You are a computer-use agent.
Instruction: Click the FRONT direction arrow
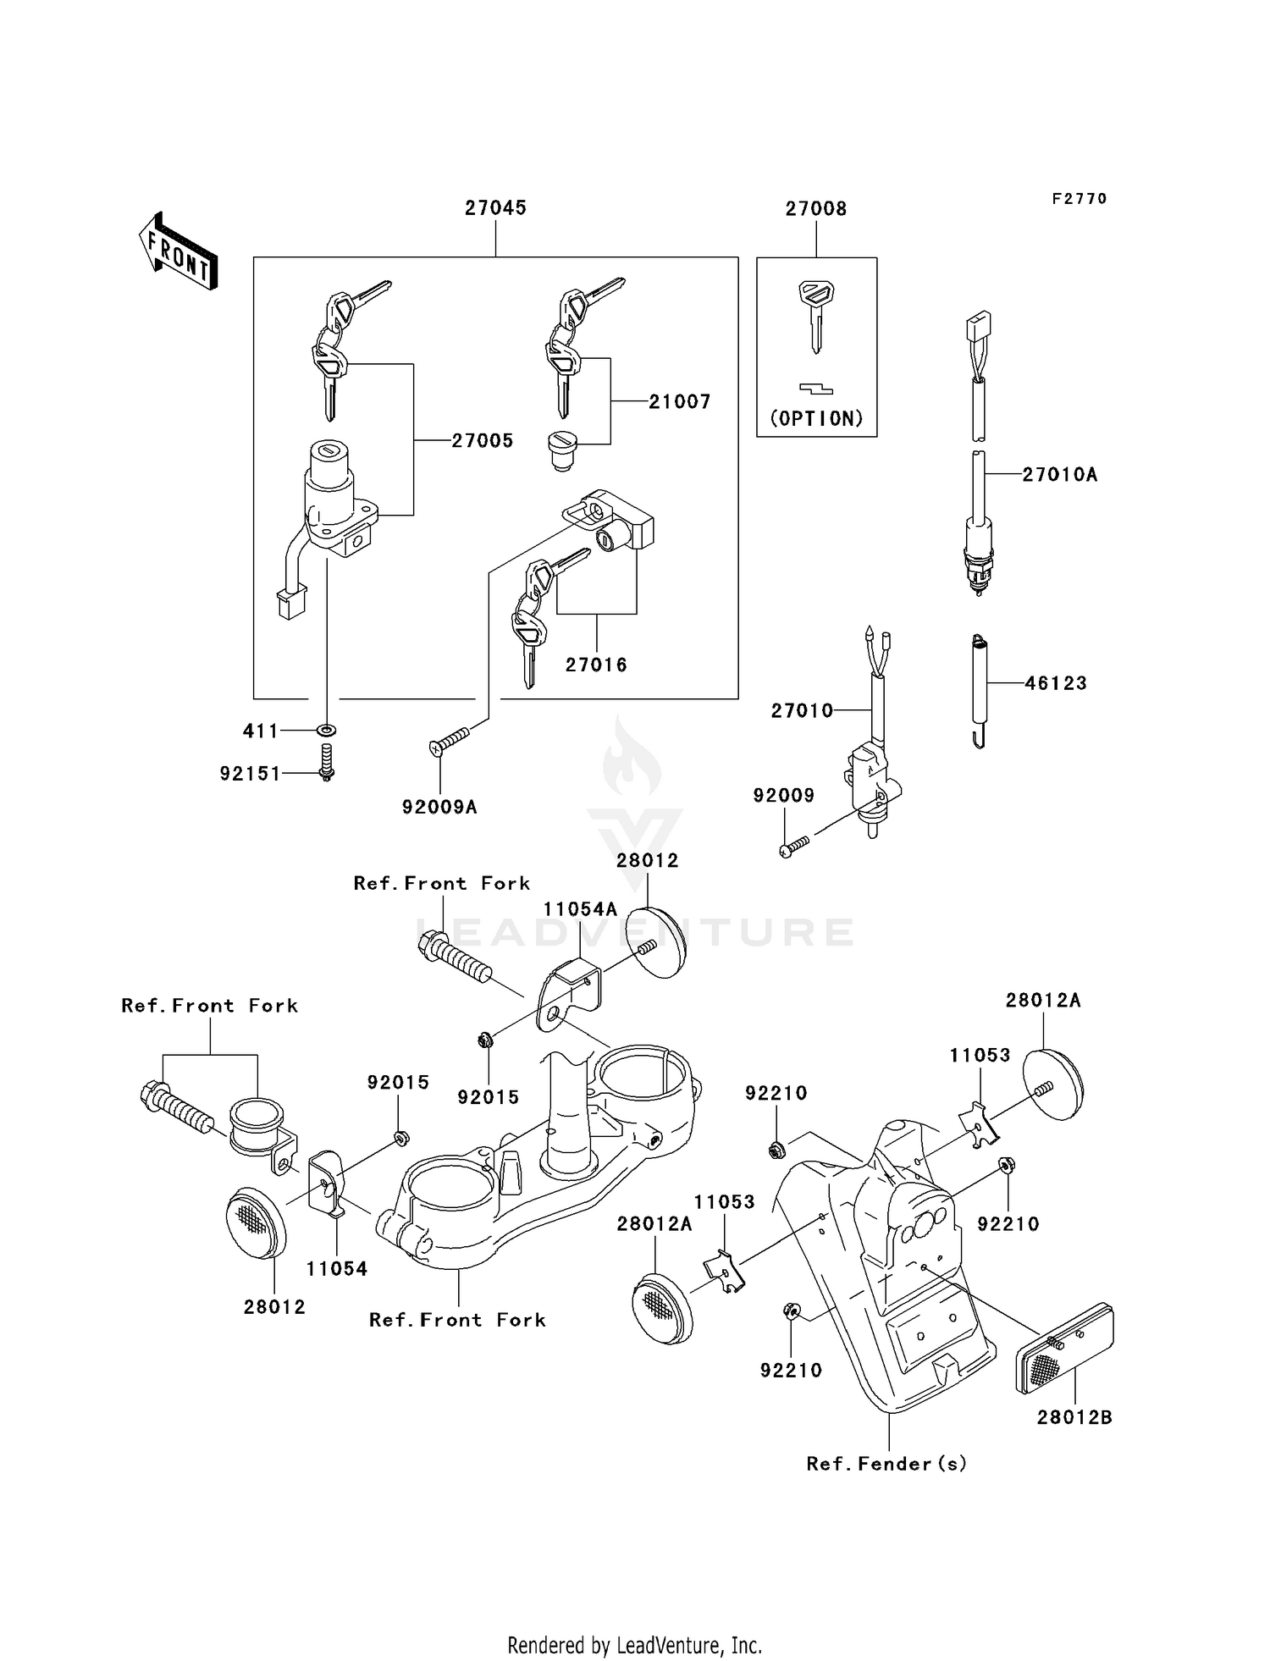[x=178, y=251]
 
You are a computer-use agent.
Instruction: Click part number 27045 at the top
[x=495, y=208]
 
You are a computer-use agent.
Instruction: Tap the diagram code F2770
[x=1079, y=199]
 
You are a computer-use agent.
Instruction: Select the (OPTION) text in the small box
[x=816, y=419]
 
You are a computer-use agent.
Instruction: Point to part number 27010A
[x=1059, y=475]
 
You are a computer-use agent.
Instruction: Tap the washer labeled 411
[x=328, y=730]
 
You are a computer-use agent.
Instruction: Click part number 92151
[x=250, y=774]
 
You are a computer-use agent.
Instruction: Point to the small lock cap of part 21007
[x=561, y=450]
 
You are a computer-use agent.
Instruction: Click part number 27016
[x=596, y=665]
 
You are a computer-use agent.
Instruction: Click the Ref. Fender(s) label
[x=886, y=1464]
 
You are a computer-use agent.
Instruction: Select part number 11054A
[x=580, y=909]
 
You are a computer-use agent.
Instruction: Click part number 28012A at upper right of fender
[x=1043, y=1001]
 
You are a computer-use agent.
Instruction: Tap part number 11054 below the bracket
[x=336, y=1269]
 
